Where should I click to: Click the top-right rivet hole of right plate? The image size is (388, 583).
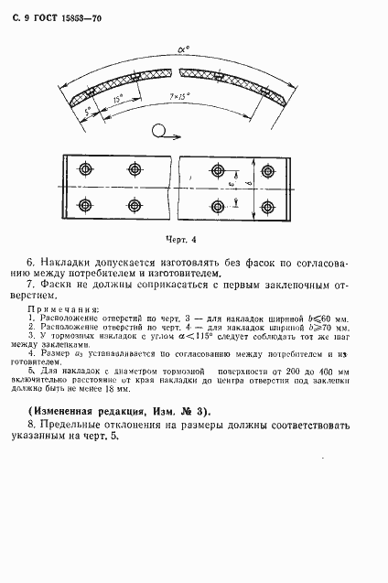(x=269, y=170)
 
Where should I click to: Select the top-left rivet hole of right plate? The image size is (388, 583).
(x=219, y=170)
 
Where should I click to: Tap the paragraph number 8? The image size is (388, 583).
(x=32, y=426)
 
